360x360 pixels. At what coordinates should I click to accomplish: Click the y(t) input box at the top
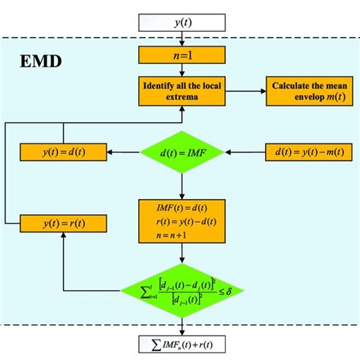pos(182,23)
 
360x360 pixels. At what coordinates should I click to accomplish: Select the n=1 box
pos(182,55)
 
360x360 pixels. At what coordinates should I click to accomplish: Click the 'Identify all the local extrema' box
pos(182,90)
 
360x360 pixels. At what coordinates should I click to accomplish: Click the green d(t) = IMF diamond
pos(182,153)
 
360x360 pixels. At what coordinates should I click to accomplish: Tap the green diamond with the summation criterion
pos(182,292)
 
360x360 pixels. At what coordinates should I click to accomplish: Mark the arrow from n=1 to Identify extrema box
pos(182,69)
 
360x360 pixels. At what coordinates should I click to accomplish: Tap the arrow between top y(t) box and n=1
pos(182,39)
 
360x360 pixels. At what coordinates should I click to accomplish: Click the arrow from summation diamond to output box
pos(182,325)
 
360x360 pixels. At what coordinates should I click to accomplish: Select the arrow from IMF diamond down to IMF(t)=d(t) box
pos(182,187)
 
